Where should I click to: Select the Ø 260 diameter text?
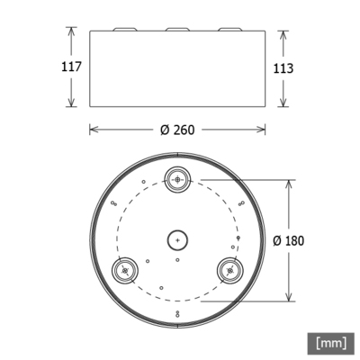[177, 129]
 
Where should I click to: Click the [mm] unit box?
[330, 343]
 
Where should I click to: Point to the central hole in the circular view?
[178, 240]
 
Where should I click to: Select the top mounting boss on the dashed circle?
[178, 178]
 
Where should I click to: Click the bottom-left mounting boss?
[123, 270]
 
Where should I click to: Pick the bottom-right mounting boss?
[232, 270]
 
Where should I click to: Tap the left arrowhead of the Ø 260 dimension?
[93, 129]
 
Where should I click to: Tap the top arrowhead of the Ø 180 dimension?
[288, 182]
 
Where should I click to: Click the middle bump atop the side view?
[178, 30]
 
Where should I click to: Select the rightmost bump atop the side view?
[230, 30]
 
